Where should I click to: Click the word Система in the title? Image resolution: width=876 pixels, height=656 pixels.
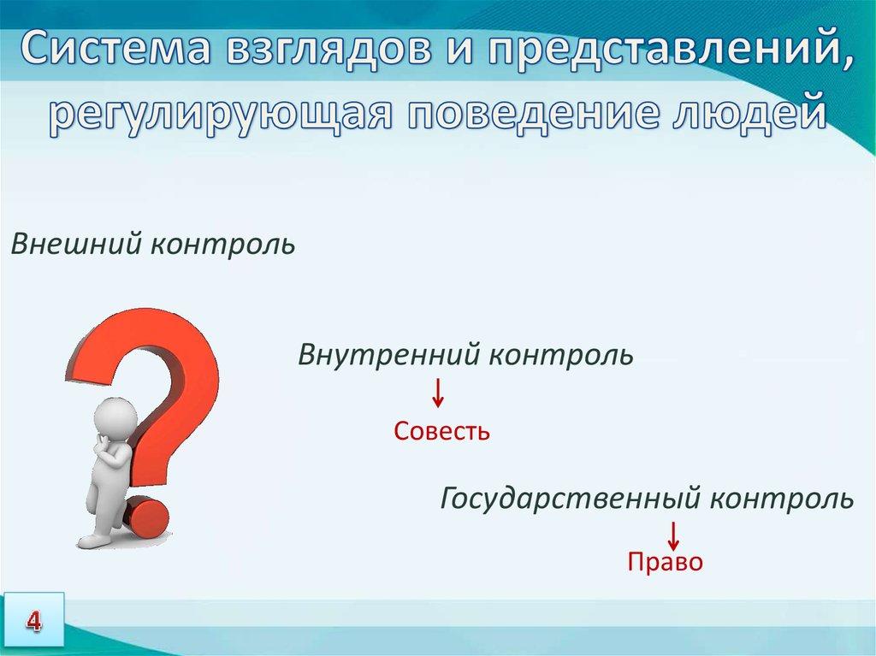tap(117, 48)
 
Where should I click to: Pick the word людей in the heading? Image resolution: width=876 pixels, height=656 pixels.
tap(746, 113)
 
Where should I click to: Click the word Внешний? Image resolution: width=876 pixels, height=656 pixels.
tap(76, 244)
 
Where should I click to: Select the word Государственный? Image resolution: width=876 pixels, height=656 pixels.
tap(570, 499)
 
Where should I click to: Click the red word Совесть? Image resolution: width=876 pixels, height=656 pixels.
tap(441, 431)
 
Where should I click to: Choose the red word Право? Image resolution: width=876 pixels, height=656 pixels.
tap(665, 562)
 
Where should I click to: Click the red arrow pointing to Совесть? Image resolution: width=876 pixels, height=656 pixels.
tap(438, 393)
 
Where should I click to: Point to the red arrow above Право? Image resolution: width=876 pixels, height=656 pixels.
tap(673, 535)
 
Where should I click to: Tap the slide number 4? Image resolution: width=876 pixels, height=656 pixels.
tap(33, 621)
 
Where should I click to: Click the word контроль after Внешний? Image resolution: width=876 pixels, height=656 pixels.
tap(223, 245)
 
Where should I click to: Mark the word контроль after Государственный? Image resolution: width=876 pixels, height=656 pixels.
tap(782, 499)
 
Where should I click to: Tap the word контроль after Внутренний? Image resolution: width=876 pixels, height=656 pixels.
tap(561, 356)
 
